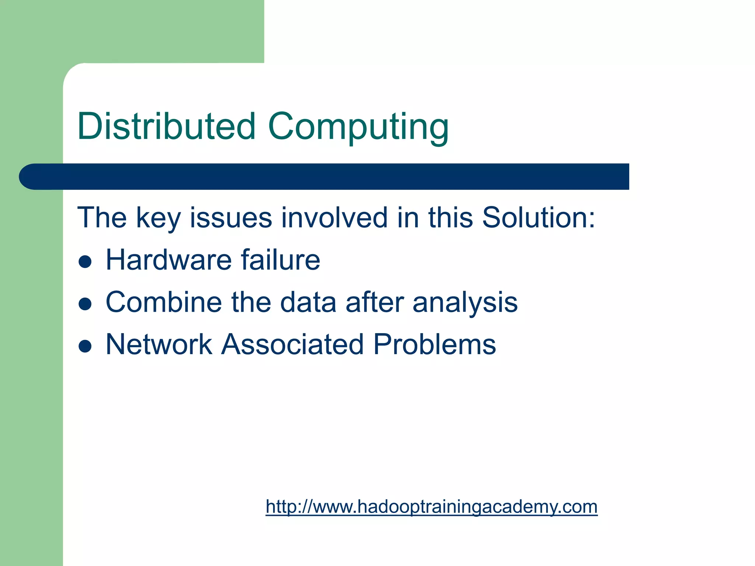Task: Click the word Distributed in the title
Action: coord(166,126)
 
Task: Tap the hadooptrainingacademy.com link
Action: coord(431,507)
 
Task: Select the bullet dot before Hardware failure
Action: coord(85,262)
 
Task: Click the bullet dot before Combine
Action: coord(85,304)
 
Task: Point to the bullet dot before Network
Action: coord(85,346)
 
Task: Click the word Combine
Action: coord(164,302)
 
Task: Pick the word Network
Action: coord(159,345)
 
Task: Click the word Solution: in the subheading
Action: coord(539,217)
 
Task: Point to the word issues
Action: coord(231,217)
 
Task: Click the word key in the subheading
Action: coord(158,218)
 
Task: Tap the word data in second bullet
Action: coord(308,302)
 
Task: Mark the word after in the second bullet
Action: coord(375,302)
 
